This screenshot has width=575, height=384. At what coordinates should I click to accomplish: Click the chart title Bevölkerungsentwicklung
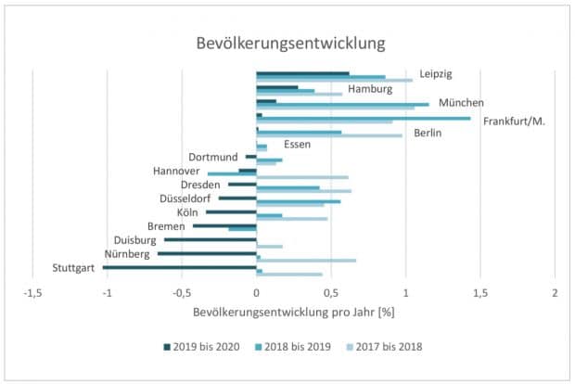pos(289,44)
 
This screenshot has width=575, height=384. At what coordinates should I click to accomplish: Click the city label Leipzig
pos(435,73)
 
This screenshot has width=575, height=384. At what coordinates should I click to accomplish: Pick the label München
pos(461,103)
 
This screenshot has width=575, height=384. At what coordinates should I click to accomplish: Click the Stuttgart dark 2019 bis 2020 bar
pos(180,267)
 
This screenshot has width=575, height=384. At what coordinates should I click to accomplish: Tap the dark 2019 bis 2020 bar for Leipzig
pos(302,72)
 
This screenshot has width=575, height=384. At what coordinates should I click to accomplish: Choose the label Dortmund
pos(214,157)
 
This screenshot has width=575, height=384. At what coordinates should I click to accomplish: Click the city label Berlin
pos(427,134)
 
